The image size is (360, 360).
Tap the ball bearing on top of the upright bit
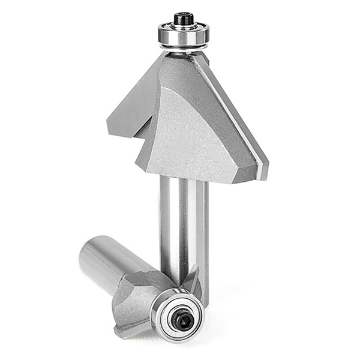tap(183, 35)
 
